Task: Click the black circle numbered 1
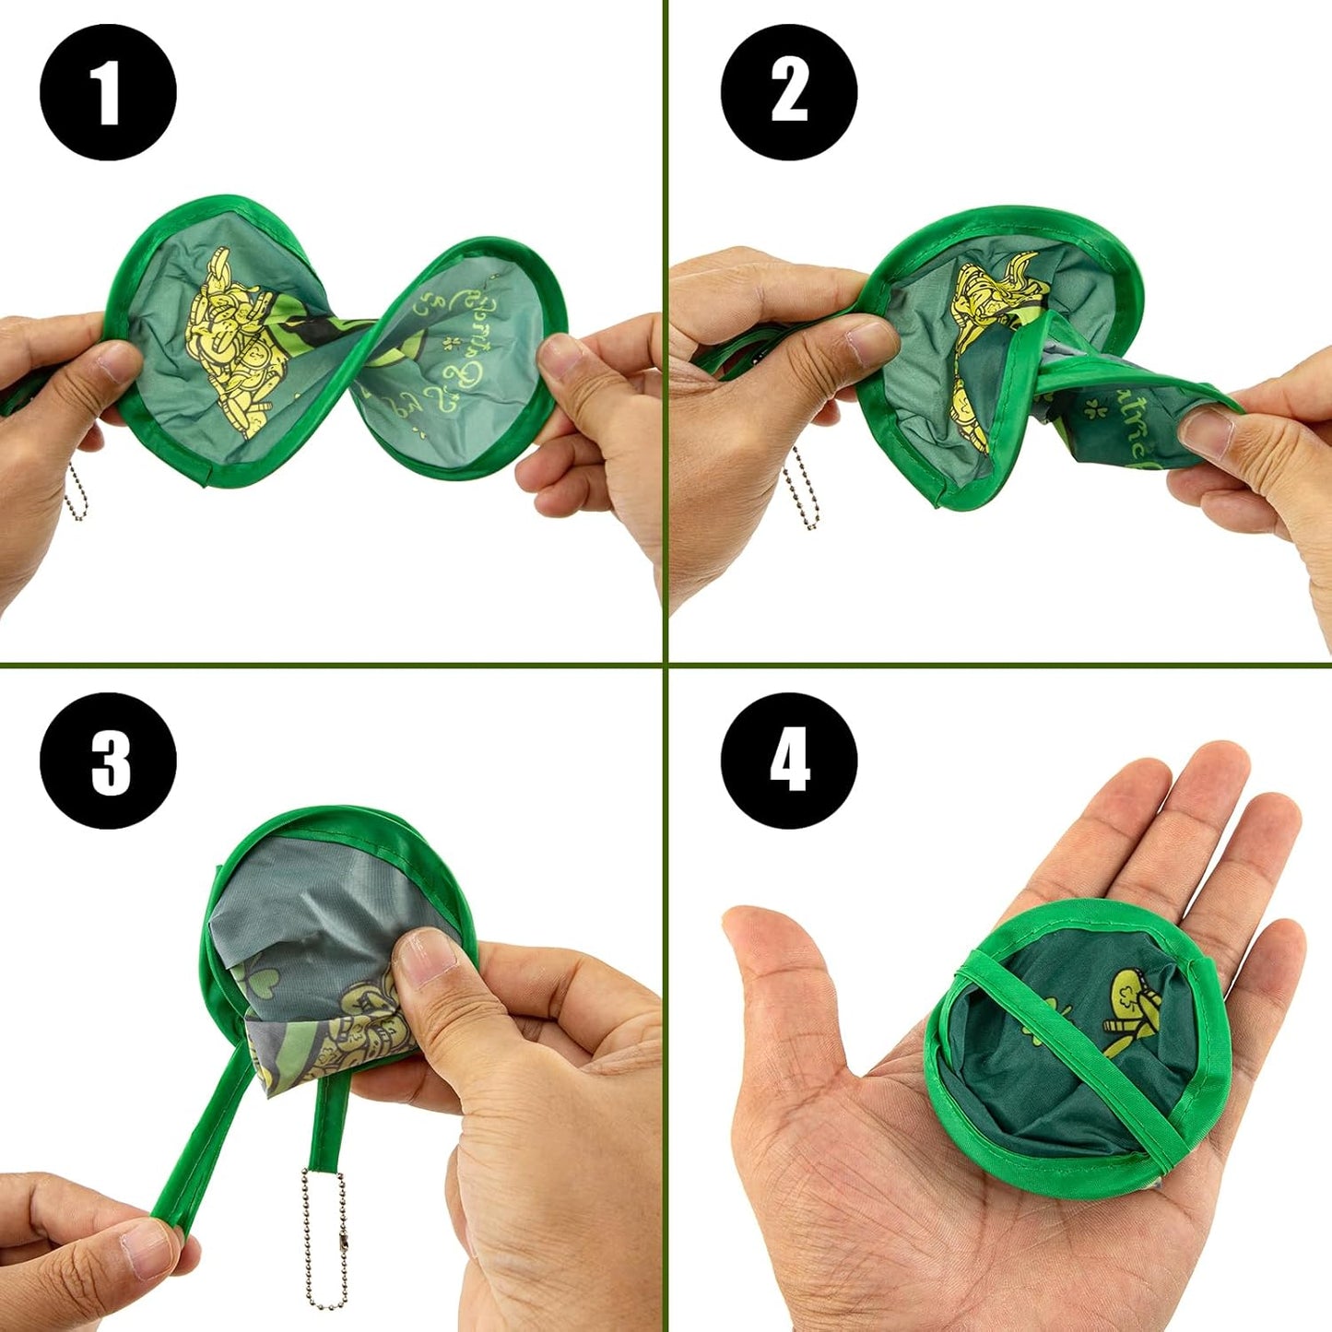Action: pyautogui.click(x=108, y=93)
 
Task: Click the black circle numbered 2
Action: pyautogui.click(x=789, y=93)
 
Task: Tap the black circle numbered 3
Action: pyautogui.click(x=108, y=760)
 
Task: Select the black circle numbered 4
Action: pyautogui.click(x=789, y=760)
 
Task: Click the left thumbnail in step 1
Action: pyautogui.click(x=118, y=361)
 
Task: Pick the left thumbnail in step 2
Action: pyautogui.click(x=871, y=341)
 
